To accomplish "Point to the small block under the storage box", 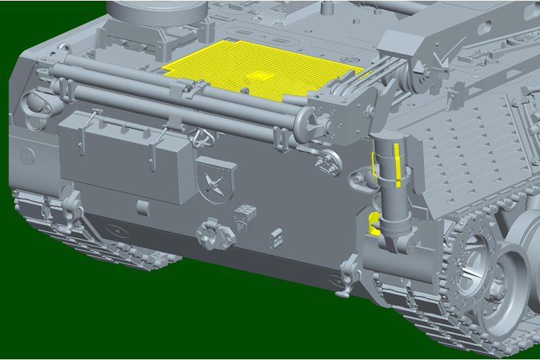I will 142,207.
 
